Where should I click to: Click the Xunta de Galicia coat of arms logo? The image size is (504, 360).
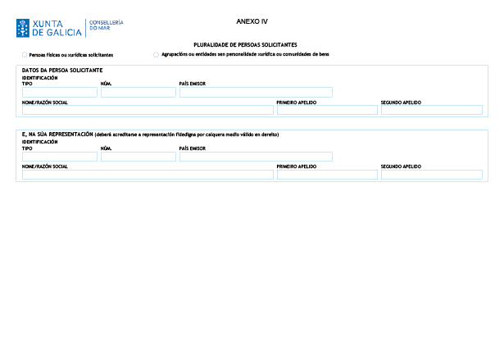click(23, 28)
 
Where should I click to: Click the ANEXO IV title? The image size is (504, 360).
click(252, 21)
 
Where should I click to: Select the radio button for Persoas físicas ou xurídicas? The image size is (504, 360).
click(25, 55)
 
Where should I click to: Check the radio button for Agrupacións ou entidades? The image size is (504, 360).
click(156, 54)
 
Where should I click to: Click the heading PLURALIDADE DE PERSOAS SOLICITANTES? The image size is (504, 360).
click(245, 45)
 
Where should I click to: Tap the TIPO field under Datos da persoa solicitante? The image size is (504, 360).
click(60, 93)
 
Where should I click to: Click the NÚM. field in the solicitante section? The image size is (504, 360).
click(138, 93)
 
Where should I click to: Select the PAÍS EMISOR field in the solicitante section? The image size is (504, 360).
click(256, 93)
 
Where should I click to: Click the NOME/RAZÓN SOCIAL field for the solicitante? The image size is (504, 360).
click(148, 110)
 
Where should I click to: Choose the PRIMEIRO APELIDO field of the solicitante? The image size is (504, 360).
click(327, 110)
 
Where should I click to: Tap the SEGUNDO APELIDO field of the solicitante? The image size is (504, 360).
click(432, 110)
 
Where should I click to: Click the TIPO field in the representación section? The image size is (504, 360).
click(60, 157)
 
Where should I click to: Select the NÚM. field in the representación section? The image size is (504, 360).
click(138, 157)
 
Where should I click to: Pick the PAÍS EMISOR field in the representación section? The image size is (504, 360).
click(256, 157)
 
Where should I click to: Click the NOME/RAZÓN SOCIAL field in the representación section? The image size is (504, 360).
click(148, 175)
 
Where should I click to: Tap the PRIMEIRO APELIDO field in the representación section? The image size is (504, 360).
click(327, 175)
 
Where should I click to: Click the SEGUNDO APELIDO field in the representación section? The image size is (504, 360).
click(432, 175)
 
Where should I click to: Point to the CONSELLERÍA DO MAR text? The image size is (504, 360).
click(106, 25)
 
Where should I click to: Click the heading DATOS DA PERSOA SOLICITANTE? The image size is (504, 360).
click(62, 71)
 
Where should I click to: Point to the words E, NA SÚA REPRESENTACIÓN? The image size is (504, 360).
click(57, 134)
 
